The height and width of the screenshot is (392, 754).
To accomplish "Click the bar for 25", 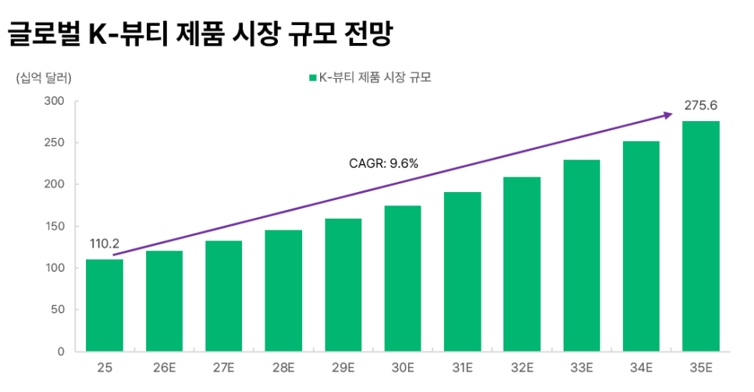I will tap(105, 305).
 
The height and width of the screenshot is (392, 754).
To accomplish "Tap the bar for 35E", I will tap(701, 237).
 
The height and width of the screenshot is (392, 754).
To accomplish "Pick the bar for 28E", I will tap(283, 290).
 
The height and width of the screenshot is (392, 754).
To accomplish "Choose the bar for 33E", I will tap(582, 255).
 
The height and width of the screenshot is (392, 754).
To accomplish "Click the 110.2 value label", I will tap(105, 244).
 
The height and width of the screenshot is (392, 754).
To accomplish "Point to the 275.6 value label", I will tap(701, 105).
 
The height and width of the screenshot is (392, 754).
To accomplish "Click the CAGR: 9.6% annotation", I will tap(383, 163).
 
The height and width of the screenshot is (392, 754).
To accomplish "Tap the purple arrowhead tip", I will tap(671, 114).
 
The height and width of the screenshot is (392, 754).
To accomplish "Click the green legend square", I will tap(312, 78).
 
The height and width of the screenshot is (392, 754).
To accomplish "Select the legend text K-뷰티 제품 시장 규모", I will tap(376, 78).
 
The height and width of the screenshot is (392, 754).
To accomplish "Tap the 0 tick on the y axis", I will tap(61, 351).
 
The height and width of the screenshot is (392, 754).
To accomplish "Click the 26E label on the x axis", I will tap(164, 367).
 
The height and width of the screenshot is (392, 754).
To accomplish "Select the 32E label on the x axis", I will tap(522, 367).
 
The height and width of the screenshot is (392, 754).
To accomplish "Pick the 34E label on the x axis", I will tap(642, 367).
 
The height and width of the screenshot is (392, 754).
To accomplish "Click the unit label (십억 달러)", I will tap(44, 78).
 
